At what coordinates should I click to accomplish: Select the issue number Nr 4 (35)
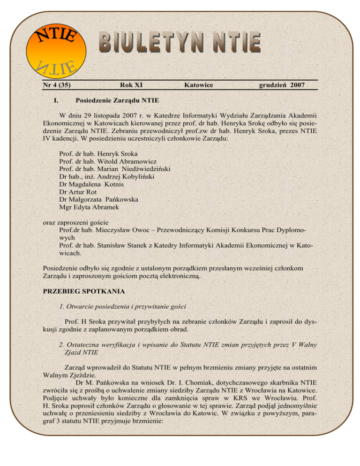(57, 85)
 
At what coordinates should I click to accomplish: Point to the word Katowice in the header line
(199, 85)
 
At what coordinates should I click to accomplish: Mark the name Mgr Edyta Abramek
(89, 207)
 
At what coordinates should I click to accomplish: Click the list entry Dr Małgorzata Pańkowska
(98, 199)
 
